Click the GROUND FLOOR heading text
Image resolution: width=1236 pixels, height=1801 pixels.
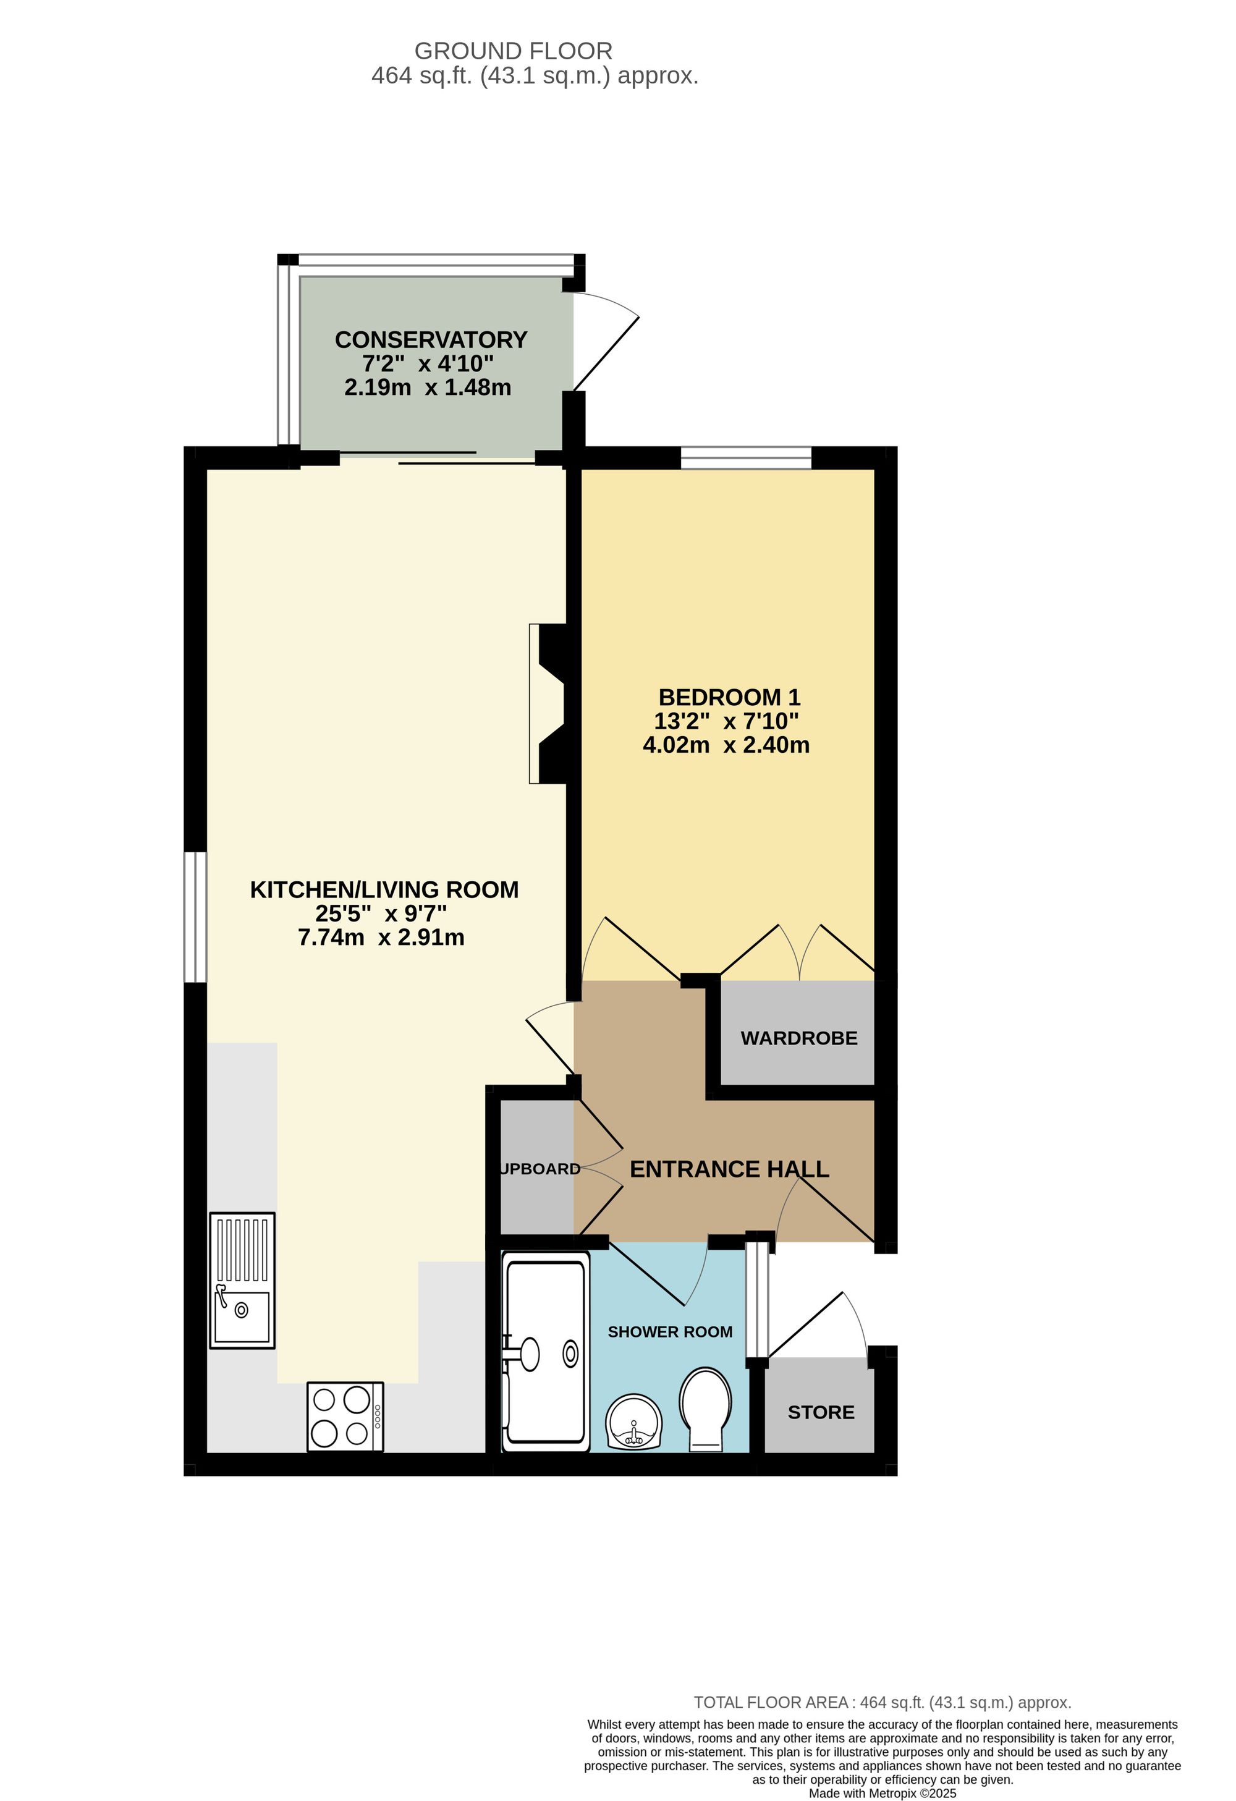[x=513, y=51]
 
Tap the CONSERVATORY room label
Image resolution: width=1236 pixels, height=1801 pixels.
[x=431, y=339]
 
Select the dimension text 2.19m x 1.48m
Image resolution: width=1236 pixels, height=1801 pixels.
[x=428, y=388]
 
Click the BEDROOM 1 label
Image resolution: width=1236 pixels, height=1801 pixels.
[x=729, y=697]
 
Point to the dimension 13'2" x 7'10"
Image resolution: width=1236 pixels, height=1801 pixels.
[x=726, y=721]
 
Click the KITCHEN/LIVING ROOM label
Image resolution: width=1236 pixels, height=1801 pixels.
[x=384, y=889]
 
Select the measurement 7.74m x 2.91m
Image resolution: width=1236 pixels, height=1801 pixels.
[x=381, y=938]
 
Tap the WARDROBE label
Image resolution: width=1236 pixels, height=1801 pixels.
[x=799, y=1038]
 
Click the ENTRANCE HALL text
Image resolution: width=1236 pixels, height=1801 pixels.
[x=729, y=1169]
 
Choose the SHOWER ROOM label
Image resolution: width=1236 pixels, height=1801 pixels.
[x=669, y=1332]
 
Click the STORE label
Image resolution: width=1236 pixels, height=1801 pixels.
[x=821, y=1413]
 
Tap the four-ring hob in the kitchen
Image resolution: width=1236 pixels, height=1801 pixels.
[x=345, y=1417]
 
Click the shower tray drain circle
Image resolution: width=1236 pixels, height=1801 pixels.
[x=570, y=1354]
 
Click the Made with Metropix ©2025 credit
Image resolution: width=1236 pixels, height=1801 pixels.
[x=882, y=1793]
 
